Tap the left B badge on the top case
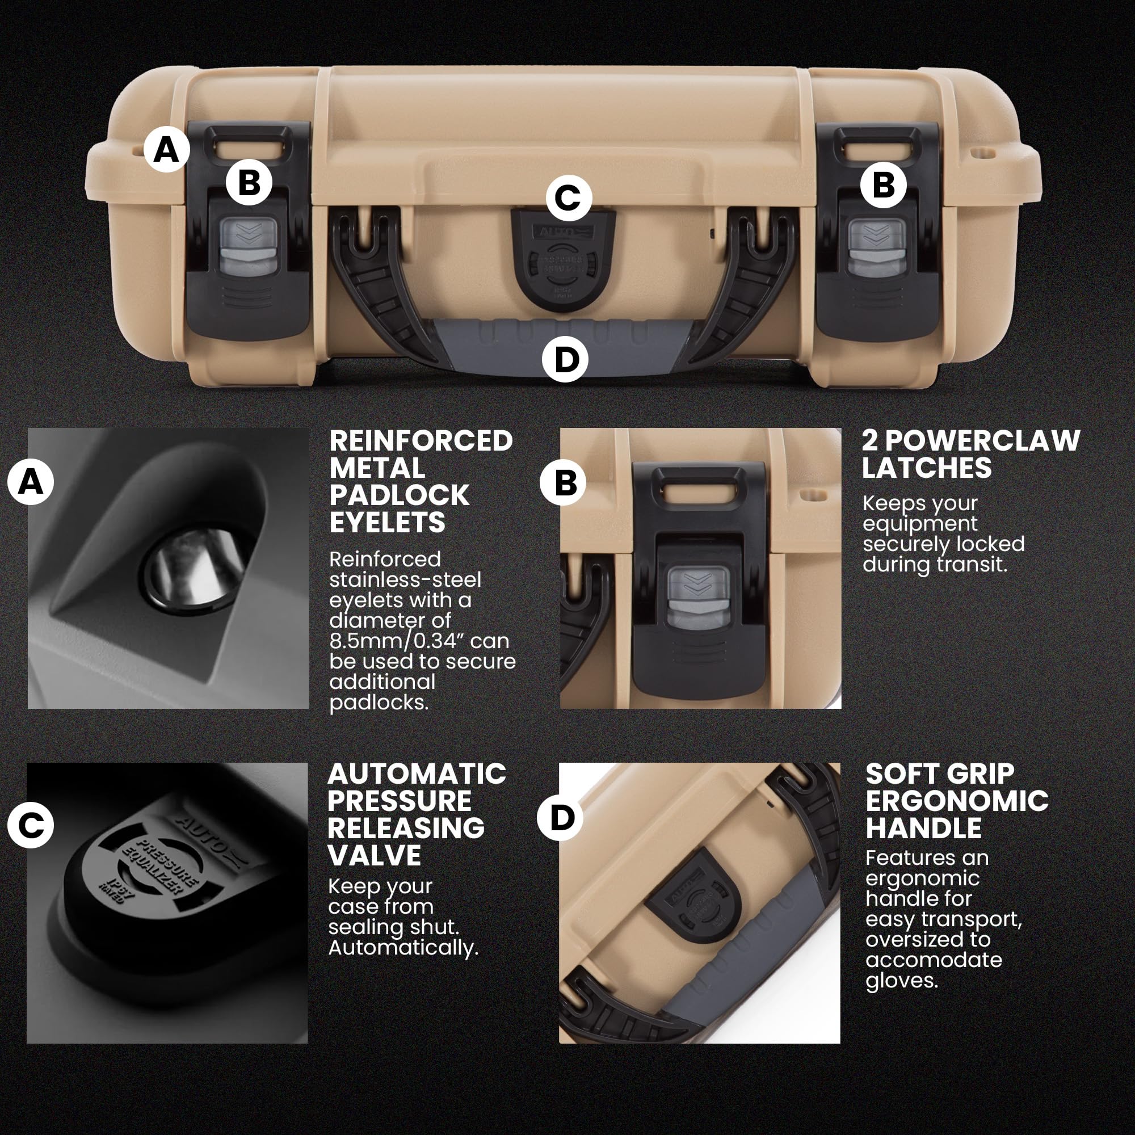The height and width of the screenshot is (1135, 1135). point(249,182)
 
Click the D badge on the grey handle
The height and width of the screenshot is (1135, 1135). point(565,359)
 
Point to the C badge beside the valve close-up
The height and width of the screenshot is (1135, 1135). point(31,825)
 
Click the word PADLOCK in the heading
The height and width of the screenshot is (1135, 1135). point(400,495)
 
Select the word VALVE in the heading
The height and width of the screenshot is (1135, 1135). point(375,855)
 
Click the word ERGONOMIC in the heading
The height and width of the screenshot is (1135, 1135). point(957,800)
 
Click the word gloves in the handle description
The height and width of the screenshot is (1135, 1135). point(901,980)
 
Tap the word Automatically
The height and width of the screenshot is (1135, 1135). point(403,948)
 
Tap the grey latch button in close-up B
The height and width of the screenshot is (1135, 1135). point(699,598)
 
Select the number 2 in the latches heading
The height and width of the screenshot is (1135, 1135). point(870,440)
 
